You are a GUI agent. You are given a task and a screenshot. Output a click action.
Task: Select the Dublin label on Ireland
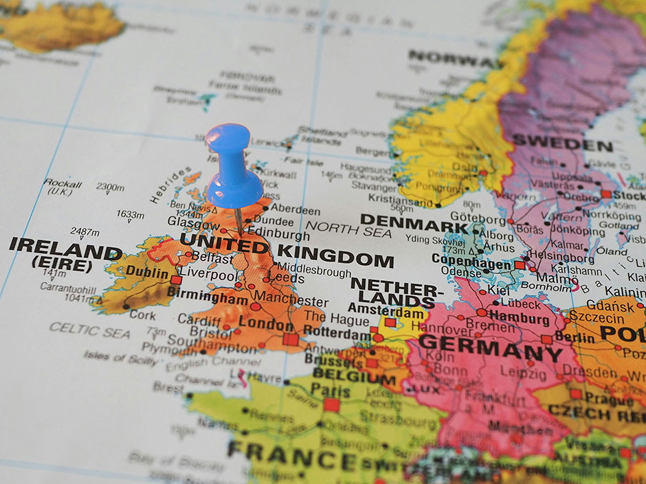point(147,273)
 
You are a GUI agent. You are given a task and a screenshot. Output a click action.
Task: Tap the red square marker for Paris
point(332,405)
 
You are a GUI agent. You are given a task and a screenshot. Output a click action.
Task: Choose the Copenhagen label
point(471,261)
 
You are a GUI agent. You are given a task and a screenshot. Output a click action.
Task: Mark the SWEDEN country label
point(562,144)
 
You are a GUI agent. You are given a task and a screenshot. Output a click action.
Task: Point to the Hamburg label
point(520,318)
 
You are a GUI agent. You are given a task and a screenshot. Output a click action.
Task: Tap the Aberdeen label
point(296,210)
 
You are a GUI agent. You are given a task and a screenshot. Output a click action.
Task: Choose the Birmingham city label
point(207,300)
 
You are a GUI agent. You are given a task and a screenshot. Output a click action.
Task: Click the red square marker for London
point(291,338)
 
